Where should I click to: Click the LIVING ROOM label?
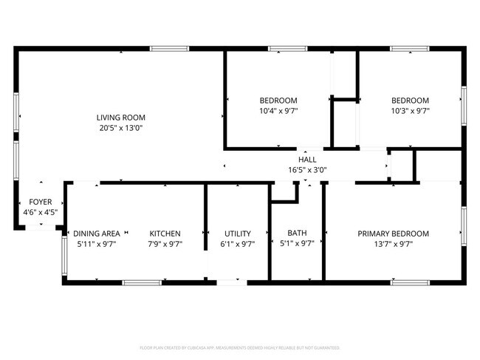tap(120, 118)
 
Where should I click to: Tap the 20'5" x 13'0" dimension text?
tap(120, 128)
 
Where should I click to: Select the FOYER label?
tap(41, 202)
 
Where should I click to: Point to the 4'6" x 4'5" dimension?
tap(41, 212)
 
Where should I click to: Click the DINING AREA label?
tap(96, 234)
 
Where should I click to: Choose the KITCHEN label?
tap(165, 234)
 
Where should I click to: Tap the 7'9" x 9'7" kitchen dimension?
tap(165, 244)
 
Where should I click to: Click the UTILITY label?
tap(237, 234)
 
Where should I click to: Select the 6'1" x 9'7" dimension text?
tap(237, 244)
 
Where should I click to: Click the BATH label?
tap(297, 234)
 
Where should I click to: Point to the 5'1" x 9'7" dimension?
tap(297, 244)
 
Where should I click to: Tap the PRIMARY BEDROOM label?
tap(393, 234)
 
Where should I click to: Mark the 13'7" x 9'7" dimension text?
tap(393, 244)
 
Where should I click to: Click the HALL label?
tap(307, 160)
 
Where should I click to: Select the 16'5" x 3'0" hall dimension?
tap(307, 170)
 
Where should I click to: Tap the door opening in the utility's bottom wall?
tap(232, 282)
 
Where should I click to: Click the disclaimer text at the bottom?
tap(240, 347)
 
